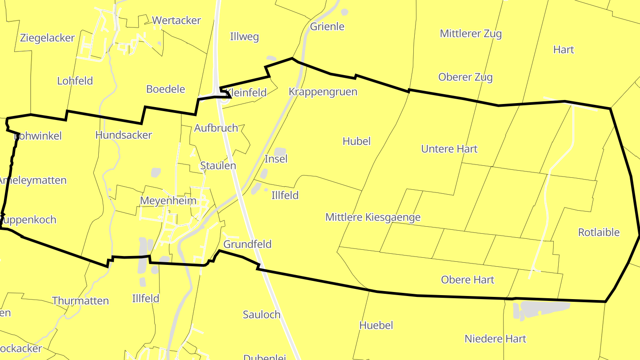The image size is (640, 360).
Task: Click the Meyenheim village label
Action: coord(168,201)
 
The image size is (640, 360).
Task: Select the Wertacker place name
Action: coord(176,20)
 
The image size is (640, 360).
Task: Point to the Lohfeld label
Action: coord(75,81)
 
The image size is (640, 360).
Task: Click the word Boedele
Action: coord(165,89)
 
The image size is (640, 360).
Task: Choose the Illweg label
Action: coord(244,37)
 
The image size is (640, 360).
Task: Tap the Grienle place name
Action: coord(327,27)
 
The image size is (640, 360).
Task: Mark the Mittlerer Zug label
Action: coord(471,34)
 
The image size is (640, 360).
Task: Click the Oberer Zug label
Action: coord(465,77)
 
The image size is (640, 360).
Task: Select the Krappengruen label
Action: coord(323,92)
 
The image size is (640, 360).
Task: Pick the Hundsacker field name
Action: coord(124,135)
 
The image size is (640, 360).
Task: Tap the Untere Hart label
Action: coord(449,149)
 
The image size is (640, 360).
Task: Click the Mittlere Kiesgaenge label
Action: coord(373,217)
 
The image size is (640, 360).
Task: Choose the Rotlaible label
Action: coord(599,232)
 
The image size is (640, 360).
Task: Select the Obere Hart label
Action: coord(468,280)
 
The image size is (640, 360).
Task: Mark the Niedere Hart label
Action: coord(495,339)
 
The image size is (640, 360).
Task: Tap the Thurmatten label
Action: coord(80,301)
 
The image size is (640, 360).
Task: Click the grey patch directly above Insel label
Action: coord(280,152)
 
